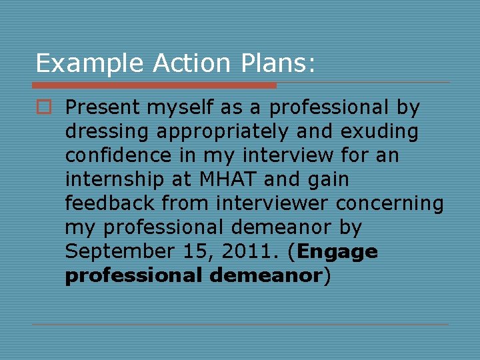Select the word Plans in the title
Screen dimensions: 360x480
(272, 64)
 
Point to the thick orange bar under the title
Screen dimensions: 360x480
(154, 85)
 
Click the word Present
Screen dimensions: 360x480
(103, 107)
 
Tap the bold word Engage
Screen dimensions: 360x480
(338, 252)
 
